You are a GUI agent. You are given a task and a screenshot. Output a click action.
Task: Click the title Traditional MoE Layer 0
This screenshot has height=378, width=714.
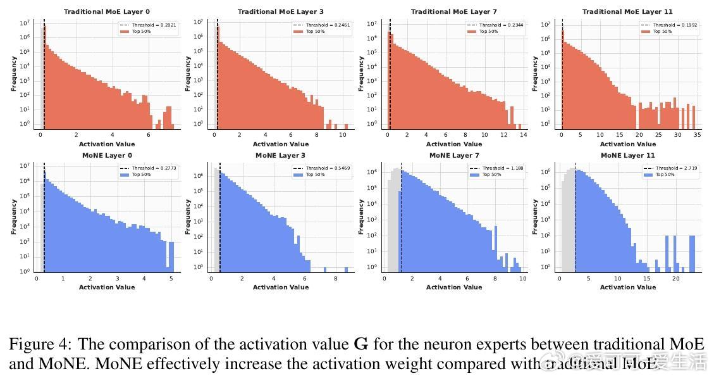[106, 12]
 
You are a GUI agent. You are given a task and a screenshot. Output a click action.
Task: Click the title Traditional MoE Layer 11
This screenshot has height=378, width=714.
[627, 12]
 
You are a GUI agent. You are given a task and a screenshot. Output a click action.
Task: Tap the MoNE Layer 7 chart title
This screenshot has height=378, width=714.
[453, 156]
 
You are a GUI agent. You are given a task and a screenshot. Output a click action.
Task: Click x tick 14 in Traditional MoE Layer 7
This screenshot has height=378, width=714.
[523, 135]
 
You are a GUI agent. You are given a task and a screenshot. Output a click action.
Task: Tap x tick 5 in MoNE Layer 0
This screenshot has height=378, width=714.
[171, 279]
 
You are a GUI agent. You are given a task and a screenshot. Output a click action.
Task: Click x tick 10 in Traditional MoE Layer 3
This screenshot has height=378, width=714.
[342, 135]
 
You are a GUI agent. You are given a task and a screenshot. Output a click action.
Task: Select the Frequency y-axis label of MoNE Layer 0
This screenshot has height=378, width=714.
[14, 217]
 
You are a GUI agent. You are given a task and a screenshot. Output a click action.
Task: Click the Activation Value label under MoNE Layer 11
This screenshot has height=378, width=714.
[627, 287]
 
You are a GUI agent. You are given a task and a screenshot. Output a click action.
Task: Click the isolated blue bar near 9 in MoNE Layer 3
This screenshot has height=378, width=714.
[346, 269]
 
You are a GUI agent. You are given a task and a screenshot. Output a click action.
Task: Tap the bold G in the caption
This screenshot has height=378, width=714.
[360, 344]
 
